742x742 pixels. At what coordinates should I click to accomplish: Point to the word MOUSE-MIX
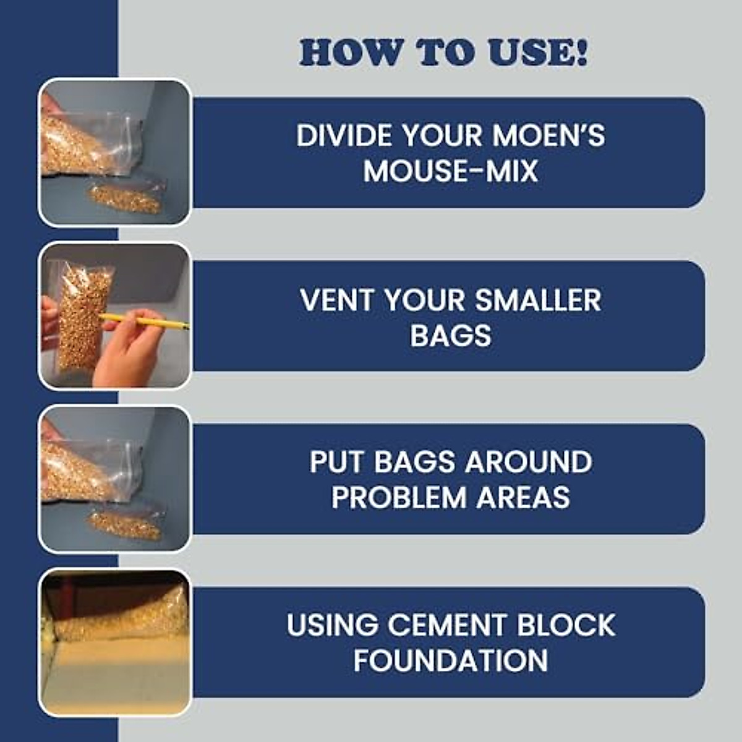450,171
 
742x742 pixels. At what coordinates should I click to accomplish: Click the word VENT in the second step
338,301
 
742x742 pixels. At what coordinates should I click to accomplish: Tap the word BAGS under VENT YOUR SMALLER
450,336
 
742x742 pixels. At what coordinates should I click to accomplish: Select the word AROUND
528,462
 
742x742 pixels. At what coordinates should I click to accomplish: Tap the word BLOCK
566,625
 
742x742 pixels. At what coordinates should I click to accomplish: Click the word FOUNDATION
450,660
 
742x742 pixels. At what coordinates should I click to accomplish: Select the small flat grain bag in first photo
127,196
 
